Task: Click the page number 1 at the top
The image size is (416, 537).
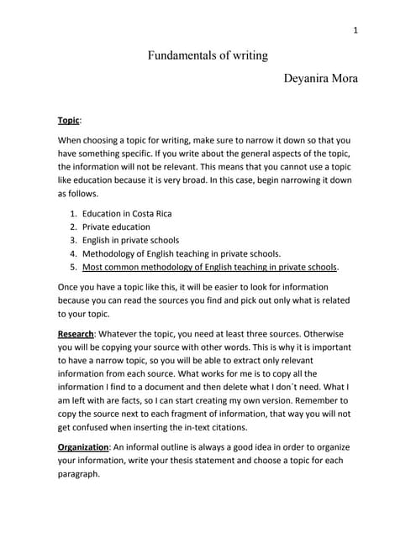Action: [355, 31]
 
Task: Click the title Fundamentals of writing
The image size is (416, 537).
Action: [208, 56]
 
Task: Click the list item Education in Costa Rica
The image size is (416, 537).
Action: [127, 213]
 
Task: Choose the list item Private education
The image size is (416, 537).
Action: [116, 227]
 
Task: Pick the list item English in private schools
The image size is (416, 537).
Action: [130, 240]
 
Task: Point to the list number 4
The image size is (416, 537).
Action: [74, 253]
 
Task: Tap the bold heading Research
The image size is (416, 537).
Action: [75, 334]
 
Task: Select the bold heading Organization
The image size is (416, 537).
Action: [87, 446]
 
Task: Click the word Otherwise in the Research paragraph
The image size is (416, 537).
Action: [324, 334]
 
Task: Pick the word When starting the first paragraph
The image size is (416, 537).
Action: [72, 140]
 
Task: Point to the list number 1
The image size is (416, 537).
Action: [74, 213]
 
